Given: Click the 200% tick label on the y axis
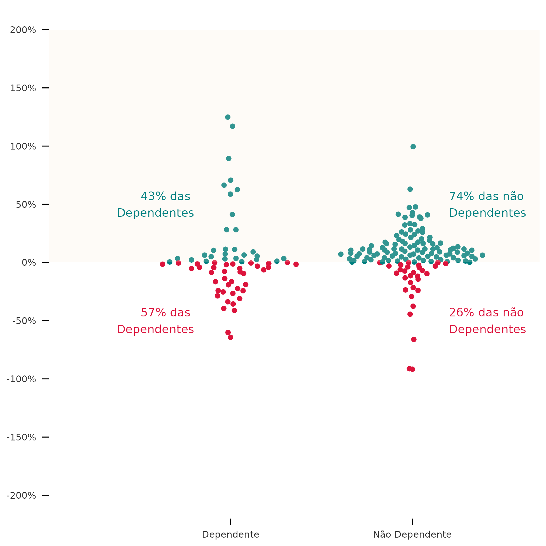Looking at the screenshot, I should (x=23, y=30).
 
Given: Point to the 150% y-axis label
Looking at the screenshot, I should (x=23, y=88).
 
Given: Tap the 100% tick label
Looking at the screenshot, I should (x=23, y=146).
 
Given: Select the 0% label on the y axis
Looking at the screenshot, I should (x=29, y=263).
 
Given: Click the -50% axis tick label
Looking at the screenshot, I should (x=24, y=321).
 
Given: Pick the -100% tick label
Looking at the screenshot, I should (x=21, y=379).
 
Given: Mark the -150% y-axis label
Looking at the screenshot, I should (x=21, y=437).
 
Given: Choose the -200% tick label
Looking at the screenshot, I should (x=21, y=496).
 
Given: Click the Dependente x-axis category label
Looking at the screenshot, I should (x=231, y=535).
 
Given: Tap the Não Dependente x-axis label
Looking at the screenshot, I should (x=412, y=535).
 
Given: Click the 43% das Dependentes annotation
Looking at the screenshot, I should (x=155, y=205).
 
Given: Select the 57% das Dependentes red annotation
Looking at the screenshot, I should (x=155, y=321).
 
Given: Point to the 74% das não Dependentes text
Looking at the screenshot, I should (x=487, y=205).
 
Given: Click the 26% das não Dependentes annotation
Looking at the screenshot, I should (x=487, y=321).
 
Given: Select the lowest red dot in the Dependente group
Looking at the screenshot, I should (x=231, y=337).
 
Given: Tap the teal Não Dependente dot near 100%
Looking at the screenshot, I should (x=413, y=147).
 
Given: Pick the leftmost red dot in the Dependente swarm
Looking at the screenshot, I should (x=162, y=264).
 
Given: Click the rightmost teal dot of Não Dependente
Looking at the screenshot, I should (x=482, y=255).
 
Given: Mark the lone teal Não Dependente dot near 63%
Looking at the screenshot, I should (x=410, y=189).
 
